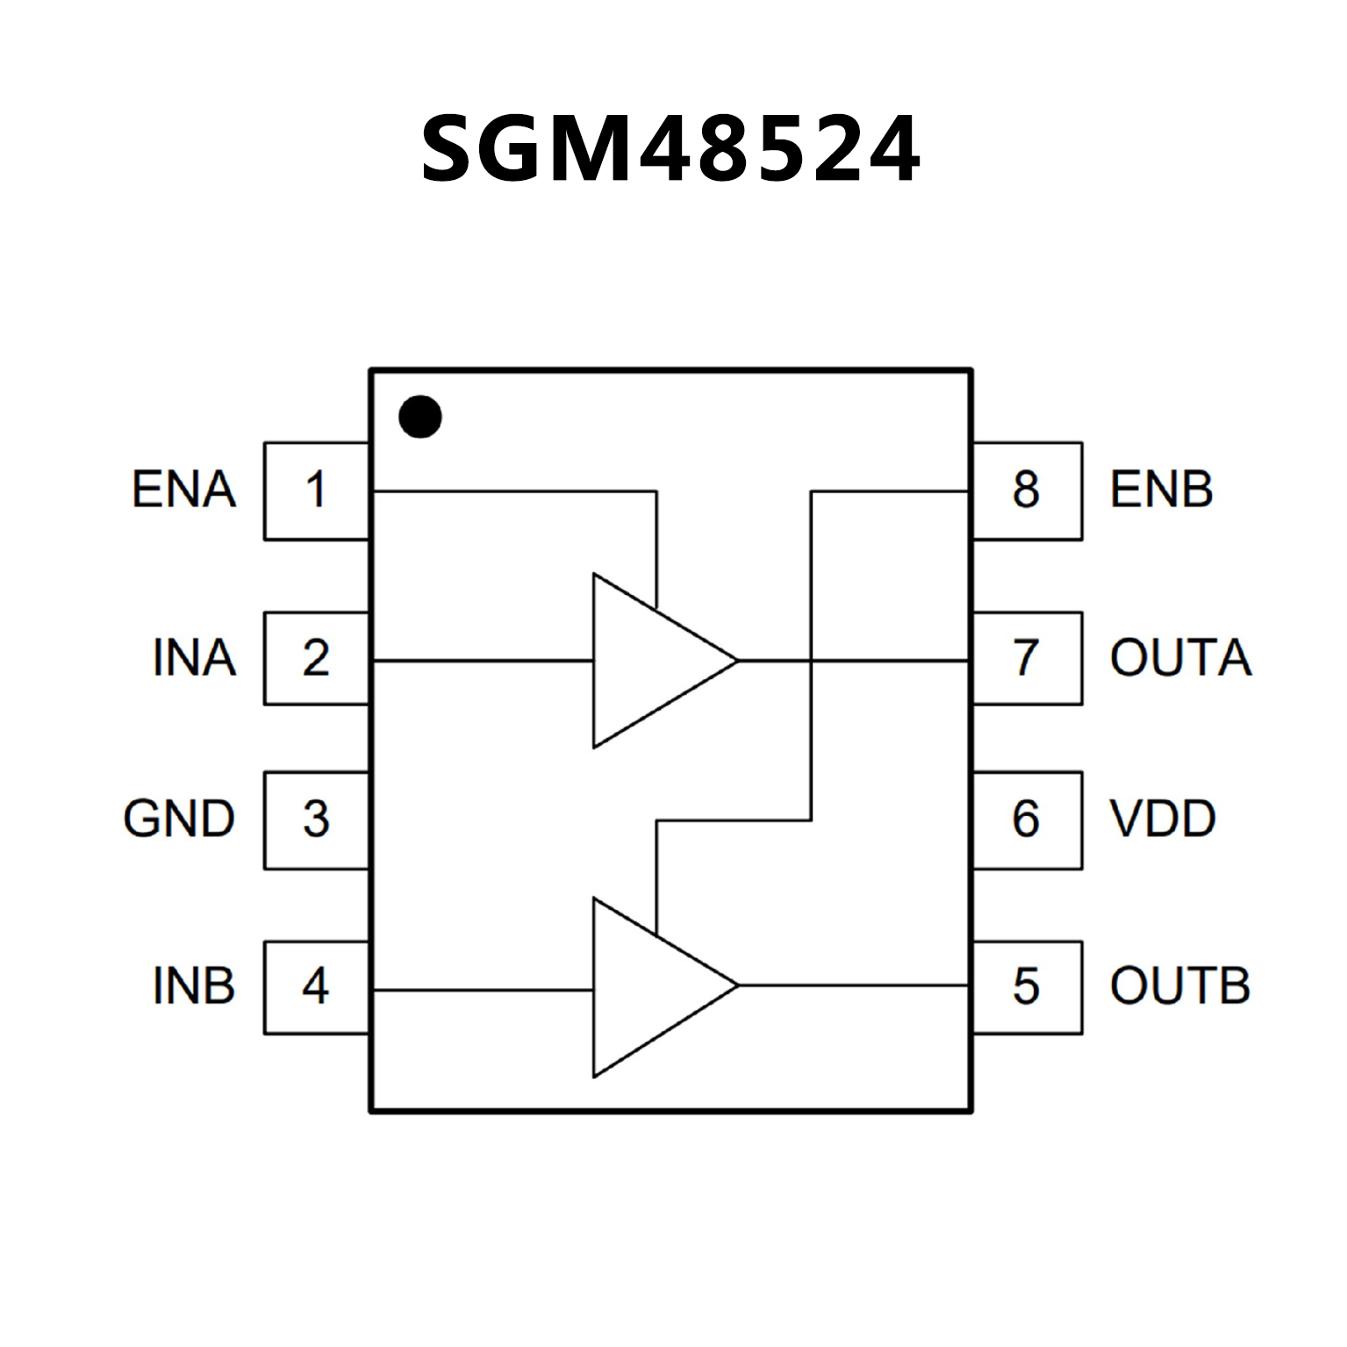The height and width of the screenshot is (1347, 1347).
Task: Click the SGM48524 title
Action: coord(671,150)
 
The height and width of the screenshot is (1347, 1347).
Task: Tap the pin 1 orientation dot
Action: coord(419,417)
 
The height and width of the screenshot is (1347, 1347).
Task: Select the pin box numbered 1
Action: coord(316,491)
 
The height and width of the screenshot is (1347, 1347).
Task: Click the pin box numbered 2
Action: coord(316,658)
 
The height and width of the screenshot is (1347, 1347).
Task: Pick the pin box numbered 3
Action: coord(316,820)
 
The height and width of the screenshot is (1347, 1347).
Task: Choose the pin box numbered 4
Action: coord(316,986)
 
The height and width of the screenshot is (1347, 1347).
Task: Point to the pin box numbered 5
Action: coord(1026,986)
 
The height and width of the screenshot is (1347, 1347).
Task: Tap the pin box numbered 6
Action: coord(1026,820)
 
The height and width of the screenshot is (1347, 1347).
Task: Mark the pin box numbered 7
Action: coord(1026,658)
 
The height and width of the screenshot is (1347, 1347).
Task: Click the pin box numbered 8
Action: coord(1026,491)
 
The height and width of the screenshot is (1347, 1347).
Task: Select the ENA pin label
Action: coord(184,490)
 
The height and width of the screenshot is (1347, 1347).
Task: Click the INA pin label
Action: coord(194,658)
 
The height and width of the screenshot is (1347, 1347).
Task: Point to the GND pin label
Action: coord(179,820)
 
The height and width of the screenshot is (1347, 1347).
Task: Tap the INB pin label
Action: coord(194,986)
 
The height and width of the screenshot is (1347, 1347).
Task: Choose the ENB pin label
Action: coord(1161,490)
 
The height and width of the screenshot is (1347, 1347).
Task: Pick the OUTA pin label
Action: coord(1180,658)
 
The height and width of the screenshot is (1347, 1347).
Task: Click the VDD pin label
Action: coord(1163,820)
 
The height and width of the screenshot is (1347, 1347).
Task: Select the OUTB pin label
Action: coord(1179,986)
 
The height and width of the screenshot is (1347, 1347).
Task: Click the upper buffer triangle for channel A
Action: coord(649,661)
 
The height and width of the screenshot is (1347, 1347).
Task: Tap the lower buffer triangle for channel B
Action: coord(649,986)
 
